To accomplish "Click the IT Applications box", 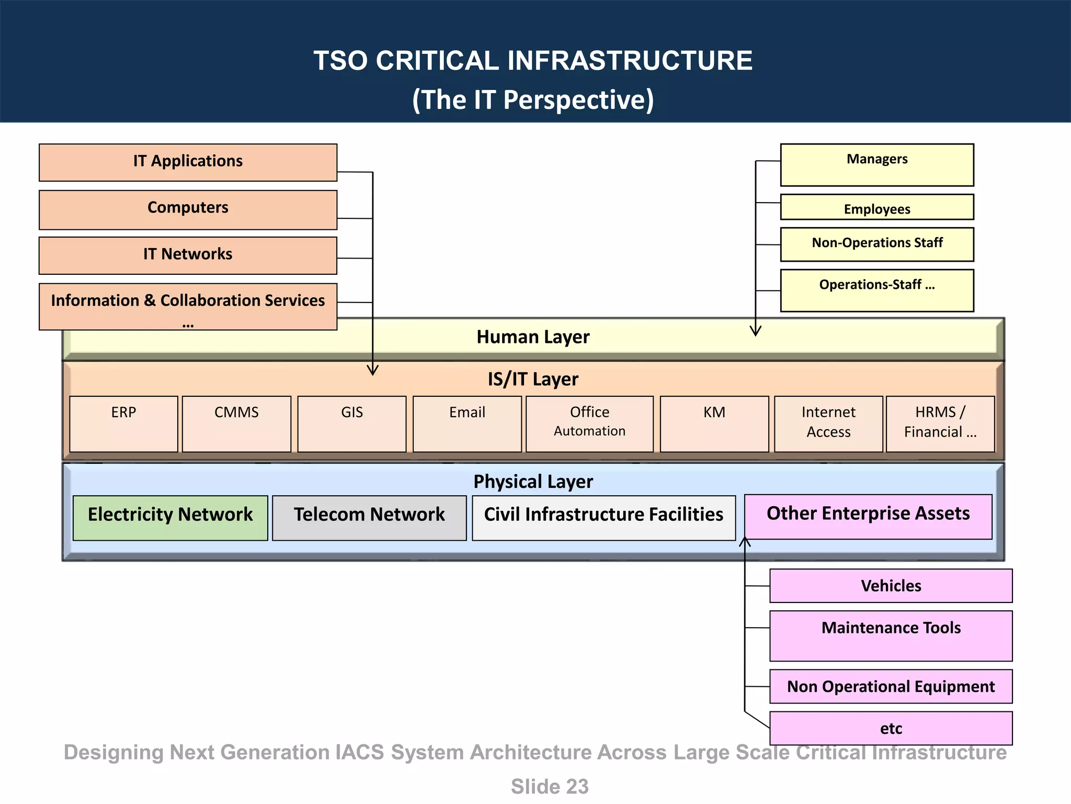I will coord(188,162).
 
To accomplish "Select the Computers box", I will coord(188,209).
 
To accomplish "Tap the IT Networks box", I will coord(188,255).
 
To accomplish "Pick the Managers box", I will coord(876,164).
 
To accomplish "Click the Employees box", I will coord(876,207).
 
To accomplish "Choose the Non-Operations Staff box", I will coord(876,244).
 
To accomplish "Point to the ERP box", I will coord(123,423).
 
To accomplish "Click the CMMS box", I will coord(236,423).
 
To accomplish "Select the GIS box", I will coord(351,423).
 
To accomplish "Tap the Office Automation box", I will coord(589,423).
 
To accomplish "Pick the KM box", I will coord(714,423).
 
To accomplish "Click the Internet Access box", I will coord(828,423).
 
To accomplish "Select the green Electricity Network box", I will coord(170,518).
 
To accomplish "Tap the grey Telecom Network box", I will coord(369,518).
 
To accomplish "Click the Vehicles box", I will coord(891,585).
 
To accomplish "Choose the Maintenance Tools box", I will coord(891,635).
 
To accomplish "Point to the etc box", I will coord(891,728).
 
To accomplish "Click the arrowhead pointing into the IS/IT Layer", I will coord(372,371).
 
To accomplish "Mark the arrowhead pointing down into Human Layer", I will coord(755,331).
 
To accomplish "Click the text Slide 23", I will coord(549,786).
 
